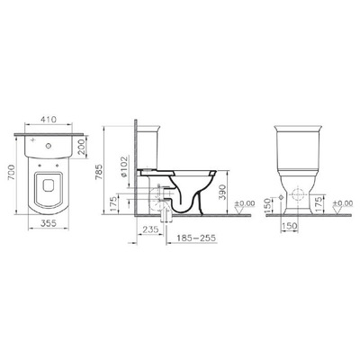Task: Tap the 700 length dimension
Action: [x=8, y=176]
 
